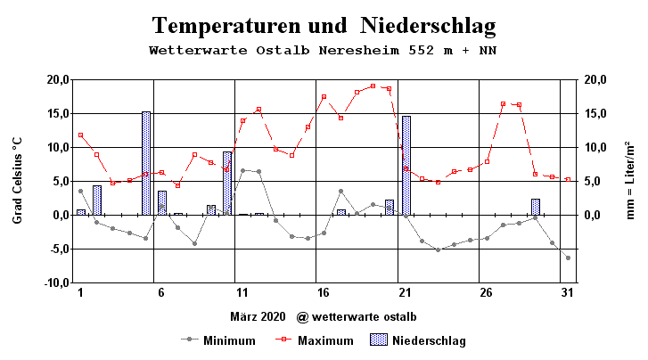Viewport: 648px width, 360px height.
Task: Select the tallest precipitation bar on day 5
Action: click(146, 163)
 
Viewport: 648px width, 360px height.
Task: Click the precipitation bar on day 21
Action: click(406, 165)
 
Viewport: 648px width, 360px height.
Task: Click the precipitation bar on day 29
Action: click(536, 207)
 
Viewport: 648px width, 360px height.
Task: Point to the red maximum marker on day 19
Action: click(373, 86)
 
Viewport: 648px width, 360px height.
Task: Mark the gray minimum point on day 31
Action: click(568, 258)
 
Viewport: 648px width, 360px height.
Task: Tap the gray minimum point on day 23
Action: click(439, 250)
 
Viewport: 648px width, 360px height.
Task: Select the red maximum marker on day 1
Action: click(81, 135)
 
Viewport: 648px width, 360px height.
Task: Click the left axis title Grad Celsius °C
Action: click(18, 181)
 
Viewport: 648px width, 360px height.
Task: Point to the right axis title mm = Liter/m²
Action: click(630, 181)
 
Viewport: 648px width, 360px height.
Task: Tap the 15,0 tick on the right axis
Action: click(595, 113)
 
